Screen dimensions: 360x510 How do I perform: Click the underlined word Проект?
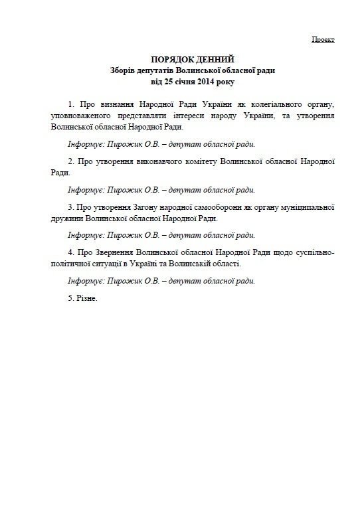point(323,40)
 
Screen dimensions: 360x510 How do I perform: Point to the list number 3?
point(70,206)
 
